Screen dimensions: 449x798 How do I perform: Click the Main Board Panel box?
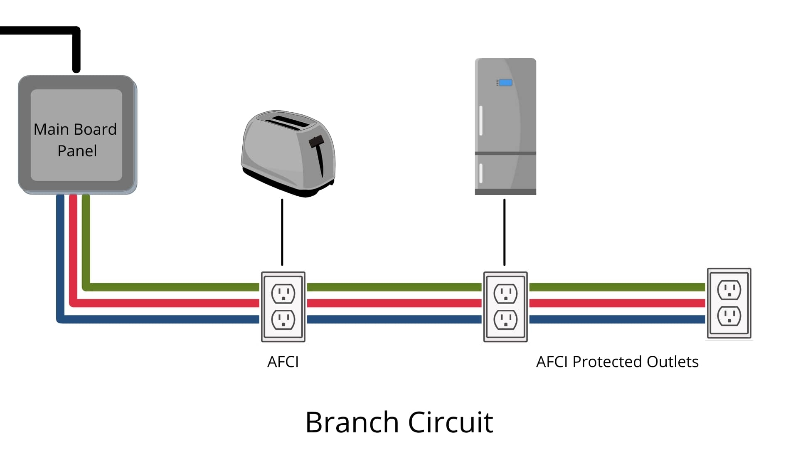[76, 135]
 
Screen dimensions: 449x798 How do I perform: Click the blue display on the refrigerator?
[505, 83]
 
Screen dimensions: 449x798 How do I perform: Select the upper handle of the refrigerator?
[481, 121]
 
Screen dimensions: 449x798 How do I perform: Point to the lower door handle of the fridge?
[481, 173]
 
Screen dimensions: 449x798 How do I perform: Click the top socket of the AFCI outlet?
[283, 294]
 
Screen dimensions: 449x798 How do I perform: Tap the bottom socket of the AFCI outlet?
[283, 320]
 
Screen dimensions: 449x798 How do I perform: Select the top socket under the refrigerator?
[505, 294]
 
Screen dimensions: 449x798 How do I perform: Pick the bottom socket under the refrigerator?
[505, 320]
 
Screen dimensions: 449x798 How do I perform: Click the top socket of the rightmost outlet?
[729, 290]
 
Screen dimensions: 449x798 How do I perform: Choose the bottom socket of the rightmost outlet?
[729, 316]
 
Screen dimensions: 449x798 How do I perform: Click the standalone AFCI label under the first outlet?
[283, 362]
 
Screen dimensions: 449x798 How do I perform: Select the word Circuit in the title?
[451, 422]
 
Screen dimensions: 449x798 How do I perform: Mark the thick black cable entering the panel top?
[76, 50]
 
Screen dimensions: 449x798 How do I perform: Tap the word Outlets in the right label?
[672, 362]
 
